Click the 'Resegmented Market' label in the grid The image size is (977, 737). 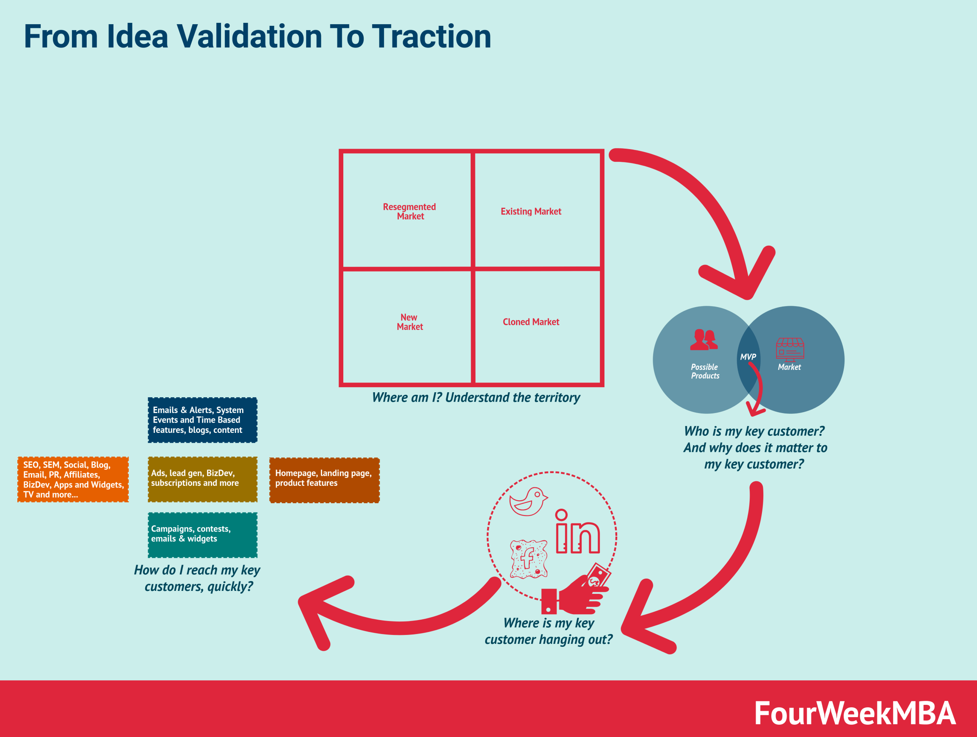click(x=409, y=212)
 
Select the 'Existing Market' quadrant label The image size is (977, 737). click(x=531, y=212)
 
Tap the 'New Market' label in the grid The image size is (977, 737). click(x=409, y=322)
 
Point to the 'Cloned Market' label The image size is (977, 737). click(x=531, y=322)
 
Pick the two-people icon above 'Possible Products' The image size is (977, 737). click(x=704, y=340)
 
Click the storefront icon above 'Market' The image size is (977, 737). click(x=790, y=349)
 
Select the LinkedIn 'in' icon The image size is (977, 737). click(x=578, y=532)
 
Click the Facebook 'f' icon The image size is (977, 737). click(x=529, y=559)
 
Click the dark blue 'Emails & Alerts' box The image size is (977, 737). click(x=203, y=420)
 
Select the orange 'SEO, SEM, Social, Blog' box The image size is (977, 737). click(x=73, y=479)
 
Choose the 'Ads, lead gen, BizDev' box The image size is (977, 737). click(x=203, y=479)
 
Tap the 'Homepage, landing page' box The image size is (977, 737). click(x=325, y=480)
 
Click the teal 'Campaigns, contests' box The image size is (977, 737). click(x=203, y=535)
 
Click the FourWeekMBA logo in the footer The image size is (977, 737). click(x=855, y=713)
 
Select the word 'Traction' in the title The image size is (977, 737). click(x=431, y=36)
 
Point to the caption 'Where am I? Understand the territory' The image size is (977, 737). click(x=476, y=398)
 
